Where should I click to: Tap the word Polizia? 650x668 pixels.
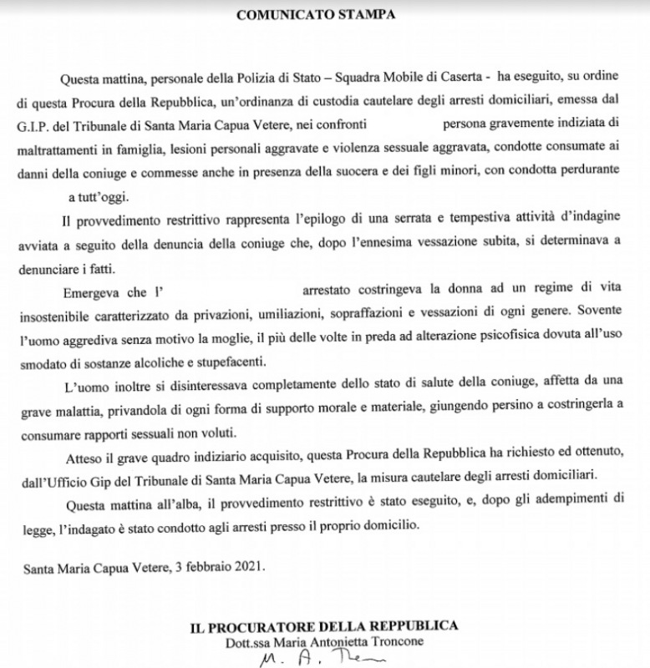(x=242, y=78)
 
